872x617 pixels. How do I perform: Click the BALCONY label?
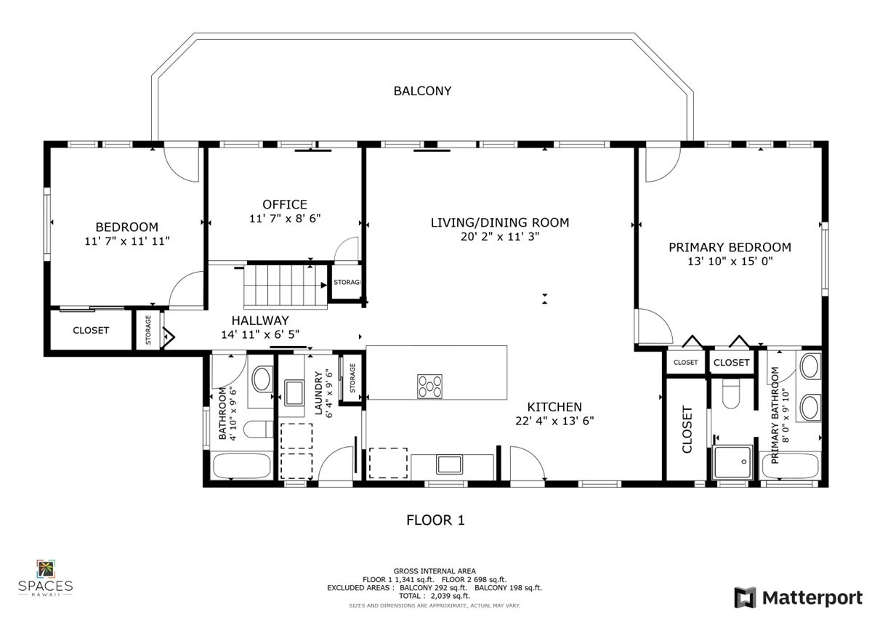(x=422, y=91)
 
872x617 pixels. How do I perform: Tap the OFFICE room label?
(x=285, y=204)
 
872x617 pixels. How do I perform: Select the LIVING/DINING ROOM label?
(x=499, y=222)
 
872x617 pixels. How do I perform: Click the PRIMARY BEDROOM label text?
(x=730, y=247)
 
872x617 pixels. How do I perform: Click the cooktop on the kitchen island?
(x=429, y=385)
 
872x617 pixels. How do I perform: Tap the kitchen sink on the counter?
(x=450, y=464)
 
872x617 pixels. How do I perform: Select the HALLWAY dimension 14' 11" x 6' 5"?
(x=260, y=334)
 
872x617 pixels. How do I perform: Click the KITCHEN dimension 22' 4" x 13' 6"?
(x=554, y=420)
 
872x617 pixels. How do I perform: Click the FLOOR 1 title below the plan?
(x=435, y=520)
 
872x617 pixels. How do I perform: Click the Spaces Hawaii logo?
(x=45, y=577)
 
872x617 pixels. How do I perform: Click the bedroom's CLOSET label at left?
(x=91, y=330)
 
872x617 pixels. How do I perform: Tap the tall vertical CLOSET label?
(x=687, y=430)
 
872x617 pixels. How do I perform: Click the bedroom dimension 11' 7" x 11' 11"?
(x=127, y=241)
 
